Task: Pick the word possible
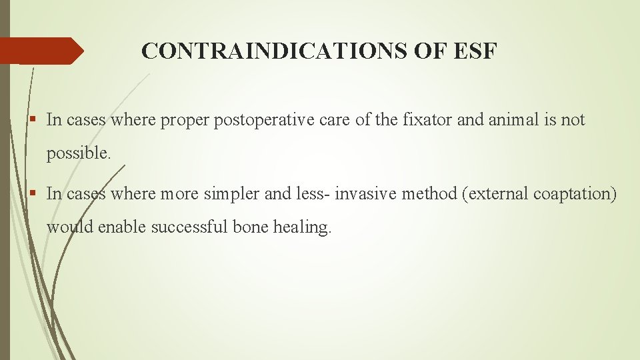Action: click(x=78, y=153)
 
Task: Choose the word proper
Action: click(x=187, y=120)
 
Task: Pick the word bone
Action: click(x=252, y=227)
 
